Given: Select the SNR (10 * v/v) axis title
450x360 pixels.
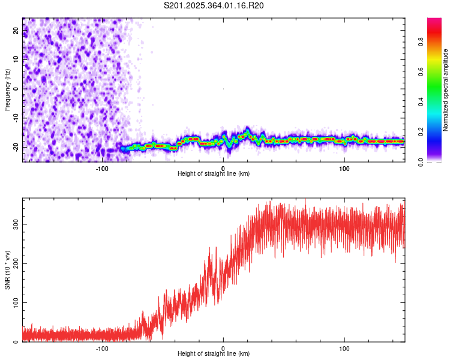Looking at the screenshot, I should [x=7, y=270].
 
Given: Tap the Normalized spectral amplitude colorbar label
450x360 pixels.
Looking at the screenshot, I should [x=446, y=90].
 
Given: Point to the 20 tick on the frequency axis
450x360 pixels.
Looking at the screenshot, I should [x=16, y=29].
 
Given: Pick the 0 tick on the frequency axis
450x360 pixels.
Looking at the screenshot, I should [x=16, y=88].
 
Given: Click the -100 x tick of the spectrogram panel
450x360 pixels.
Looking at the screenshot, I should [x=101, y=168].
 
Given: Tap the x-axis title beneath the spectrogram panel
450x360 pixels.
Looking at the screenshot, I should [x=214, y=174].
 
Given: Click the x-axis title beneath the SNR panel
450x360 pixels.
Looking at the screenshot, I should [x=214, y=354].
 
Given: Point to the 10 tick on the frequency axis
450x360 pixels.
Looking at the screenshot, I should [x=16, y=59].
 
